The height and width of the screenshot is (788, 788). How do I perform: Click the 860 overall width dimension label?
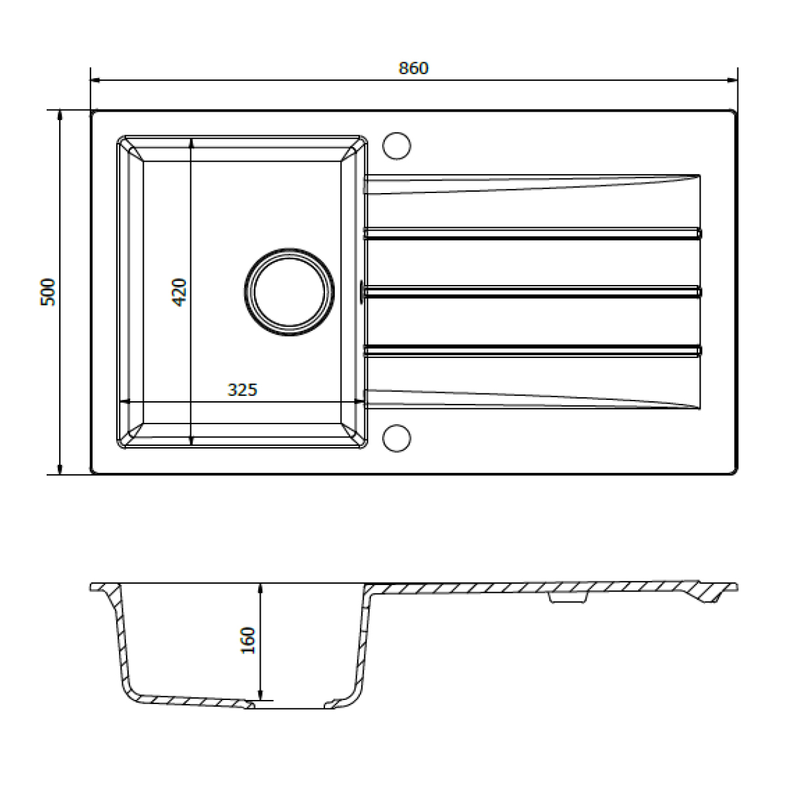[x=414, y=68]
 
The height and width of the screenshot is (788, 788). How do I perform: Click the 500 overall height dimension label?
[x=48, y=292]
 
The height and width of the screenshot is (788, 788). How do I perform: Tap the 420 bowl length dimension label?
[x=179, y=292]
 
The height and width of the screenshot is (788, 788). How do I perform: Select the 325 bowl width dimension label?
[x=242, y=390]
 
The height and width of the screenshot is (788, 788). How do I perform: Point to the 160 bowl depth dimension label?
[x=248, y=640]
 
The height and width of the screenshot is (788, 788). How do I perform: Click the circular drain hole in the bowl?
[x=289, y=292]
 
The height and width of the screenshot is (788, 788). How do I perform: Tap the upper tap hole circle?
[x=397, y=146]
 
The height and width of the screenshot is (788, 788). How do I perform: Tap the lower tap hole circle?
[x=397, y=439]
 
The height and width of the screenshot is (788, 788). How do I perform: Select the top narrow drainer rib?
[x=533, y=234]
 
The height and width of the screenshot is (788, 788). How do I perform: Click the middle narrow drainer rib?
[x=533, y=292]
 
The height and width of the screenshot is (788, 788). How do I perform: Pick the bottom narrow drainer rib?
[x=533, y=351]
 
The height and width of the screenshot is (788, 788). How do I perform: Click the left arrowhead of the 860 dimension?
[x=95, y=80]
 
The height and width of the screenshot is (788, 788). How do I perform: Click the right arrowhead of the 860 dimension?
[x=732, y=80]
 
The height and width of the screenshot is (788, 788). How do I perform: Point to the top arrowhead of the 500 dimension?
[x=60, y=115]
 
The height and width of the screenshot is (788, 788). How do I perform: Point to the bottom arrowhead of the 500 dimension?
[x=60, y=470]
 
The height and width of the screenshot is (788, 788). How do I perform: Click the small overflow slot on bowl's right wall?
[x=361, y=292]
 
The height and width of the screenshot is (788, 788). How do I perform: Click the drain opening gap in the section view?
[x=289, y=707]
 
